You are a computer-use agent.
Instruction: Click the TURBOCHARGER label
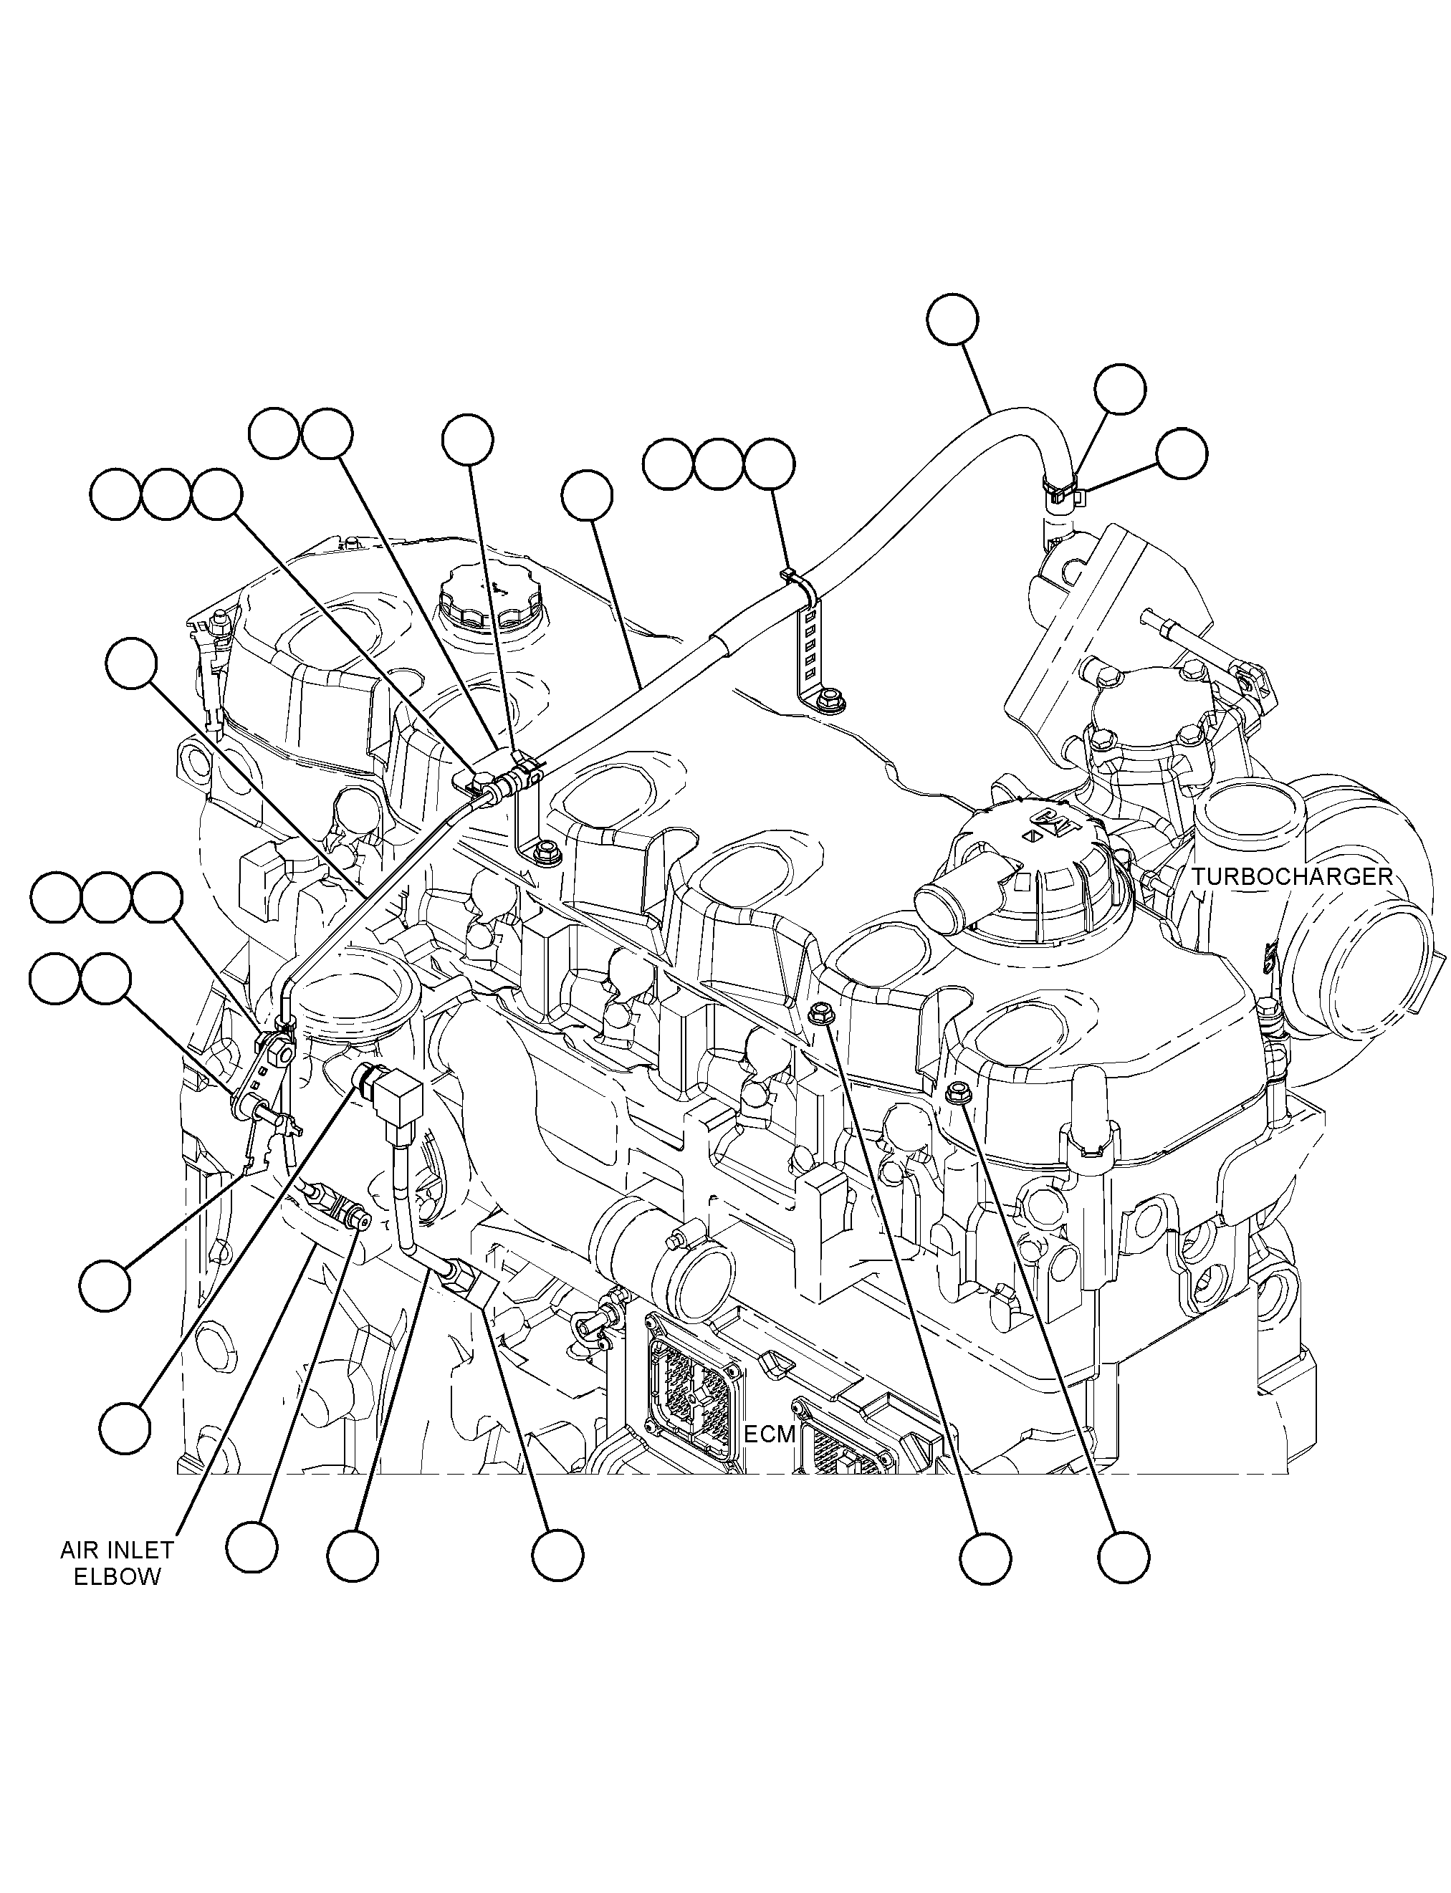click(x=1292, y=876)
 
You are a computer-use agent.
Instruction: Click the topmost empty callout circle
click(x=953, y=320)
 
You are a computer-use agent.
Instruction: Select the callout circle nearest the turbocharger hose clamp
click(x=1182, y=454)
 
